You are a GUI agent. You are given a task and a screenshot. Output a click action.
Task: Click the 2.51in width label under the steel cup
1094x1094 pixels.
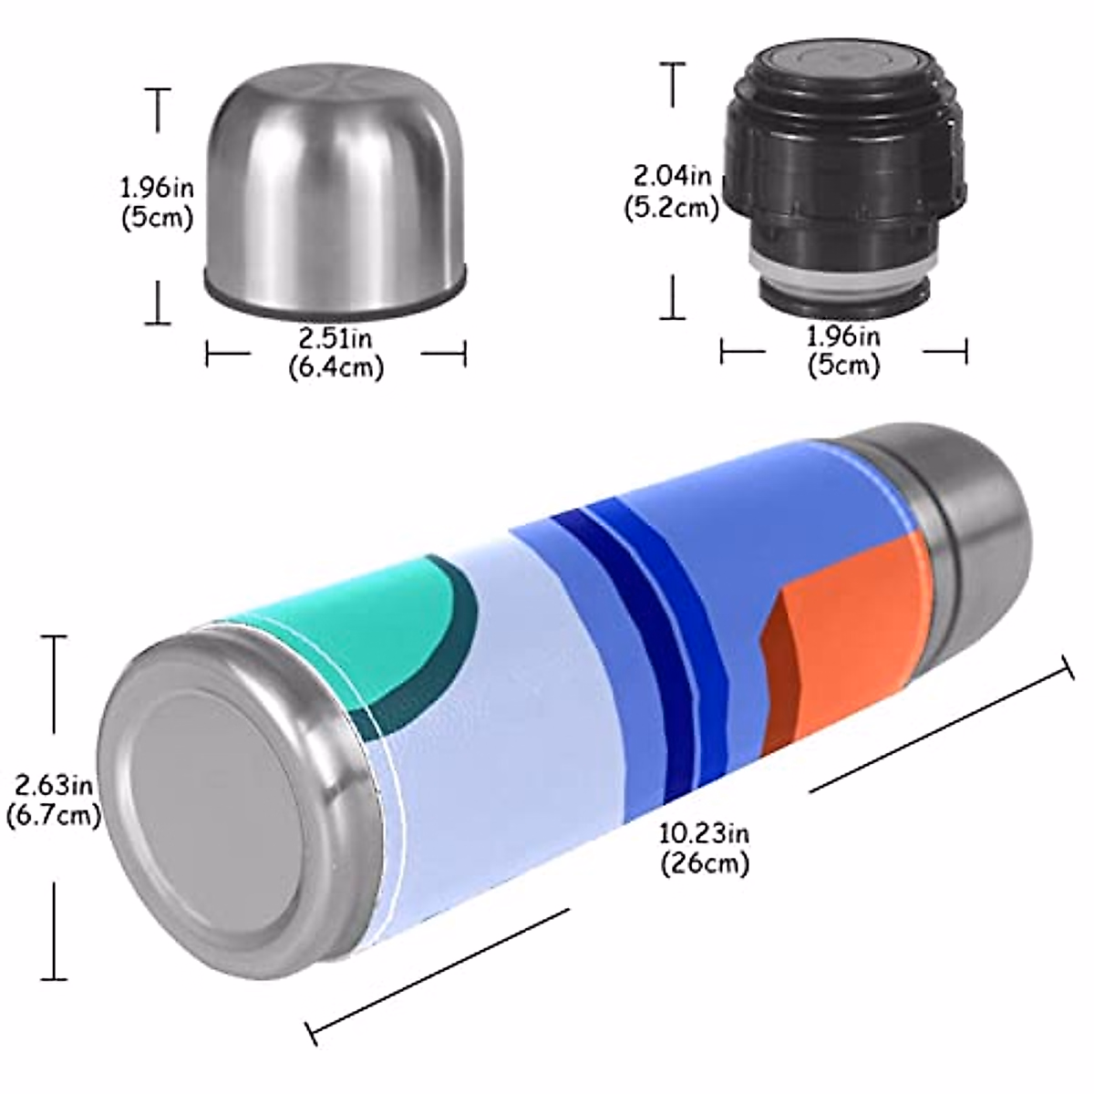click(335, 339)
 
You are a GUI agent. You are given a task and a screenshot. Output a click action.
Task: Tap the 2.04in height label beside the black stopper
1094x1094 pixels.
click(673, 174)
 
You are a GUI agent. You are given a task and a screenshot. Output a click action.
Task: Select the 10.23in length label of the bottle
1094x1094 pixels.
click(705, 832)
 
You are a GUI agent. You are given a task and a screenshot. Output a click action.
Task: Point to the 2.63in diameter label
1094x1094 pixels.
click(52, 785)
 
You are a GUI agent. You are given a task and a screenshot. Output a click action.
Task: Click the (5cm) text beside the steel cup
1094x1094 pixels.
click(157, 219)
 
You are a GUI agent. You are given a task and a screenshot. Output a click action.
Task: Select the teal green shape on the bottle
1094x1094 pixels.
click(383, 620)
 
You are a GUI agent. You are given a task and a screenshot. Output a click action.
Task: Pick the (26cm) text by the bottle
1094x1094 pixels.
click(705, 862)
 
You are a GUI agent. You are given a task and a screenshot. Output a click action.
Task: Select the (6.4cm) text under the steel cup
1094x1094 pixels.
click(335, 367)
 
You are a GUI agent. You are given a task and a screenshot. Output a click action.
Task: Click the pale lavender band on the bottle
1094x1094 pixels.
click(483, 729)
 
